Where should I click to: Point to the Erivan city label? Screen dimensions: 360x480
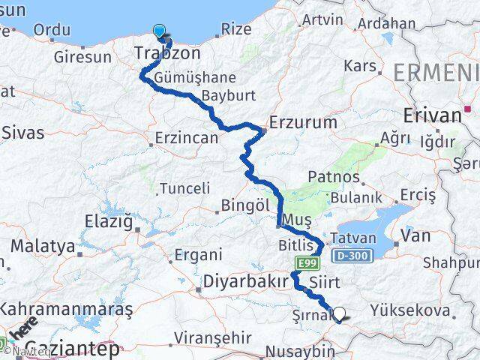click(x=432, y=115)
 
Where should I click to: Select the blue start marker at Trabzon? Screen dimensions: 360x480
click(x=160, y=31)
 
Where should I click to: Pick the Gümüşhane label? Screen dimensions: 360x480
click(x=193, y=78)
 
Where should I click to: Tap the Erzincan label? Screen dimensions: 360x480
click(x=186, y=138)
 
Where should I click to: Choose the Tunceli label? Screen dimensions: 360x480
click(x=181, y=188)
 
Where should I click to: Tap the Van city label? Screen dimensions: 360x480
click(x=416, y=235)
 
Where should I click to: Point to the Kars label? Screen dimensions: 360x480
click(x=359, y=66)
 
